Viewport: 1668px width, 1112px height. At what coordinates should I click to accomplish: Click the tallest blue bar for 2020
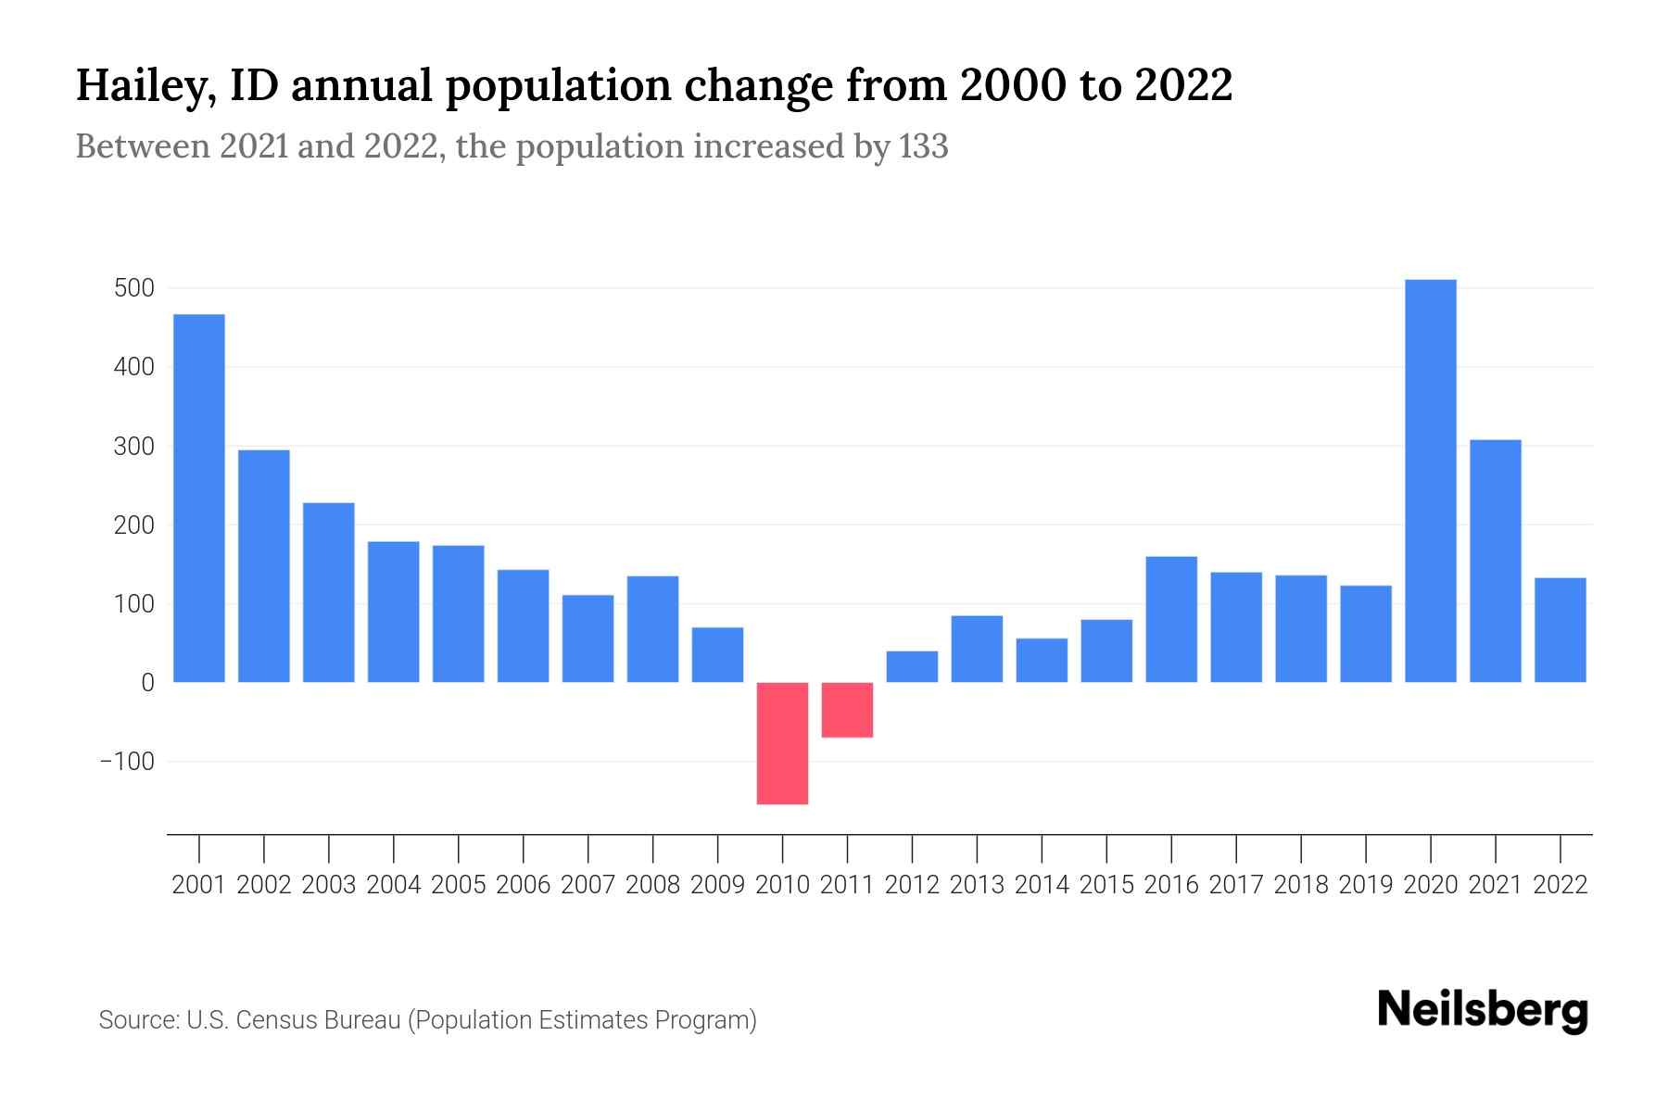(1430, 481)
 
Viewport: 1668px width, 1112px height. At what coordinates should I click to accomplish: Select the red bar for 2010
(782, 743)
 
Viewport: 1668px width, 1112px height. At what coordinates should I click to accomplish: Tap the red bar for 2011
(847, 710)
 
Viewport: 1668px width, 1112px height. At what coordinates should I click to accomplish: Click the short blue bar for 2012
(912, 667)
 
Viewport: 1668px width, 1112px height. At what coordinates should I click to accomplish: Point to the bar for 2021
(1495, 561)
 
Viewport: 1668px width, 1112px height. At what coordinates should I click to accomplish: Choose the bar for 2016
(1171, 619)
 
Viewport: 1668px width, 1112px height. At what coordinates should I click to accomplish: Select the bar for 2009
(717, 655)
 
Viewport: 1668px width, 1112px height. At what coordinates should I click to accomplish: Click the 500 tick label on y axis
(133, 288)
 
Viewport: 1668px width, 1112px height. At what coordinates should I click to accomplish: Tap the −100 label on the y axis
(127, 762)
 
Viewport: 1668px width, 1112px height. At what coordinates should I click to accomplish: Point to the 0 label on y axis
(147, 683)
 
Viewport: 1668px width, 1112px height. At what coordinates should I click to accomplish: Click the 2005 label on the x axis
(459, 885)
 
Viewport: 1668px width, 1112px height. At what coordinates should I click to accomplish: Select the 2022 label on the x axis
(1561, 885)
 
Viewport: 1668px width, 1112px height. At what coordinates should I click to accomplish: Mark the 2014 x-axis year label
(1042, 885)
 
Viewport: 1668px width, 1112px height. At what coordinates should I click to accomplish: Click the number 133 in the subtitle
(923, 147)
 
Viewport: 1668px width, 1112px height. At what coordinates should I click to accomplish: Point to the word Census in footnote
(271, 1020)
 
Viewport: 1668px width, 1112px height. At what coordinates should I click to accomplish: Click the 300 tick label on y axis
(133, 447)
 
